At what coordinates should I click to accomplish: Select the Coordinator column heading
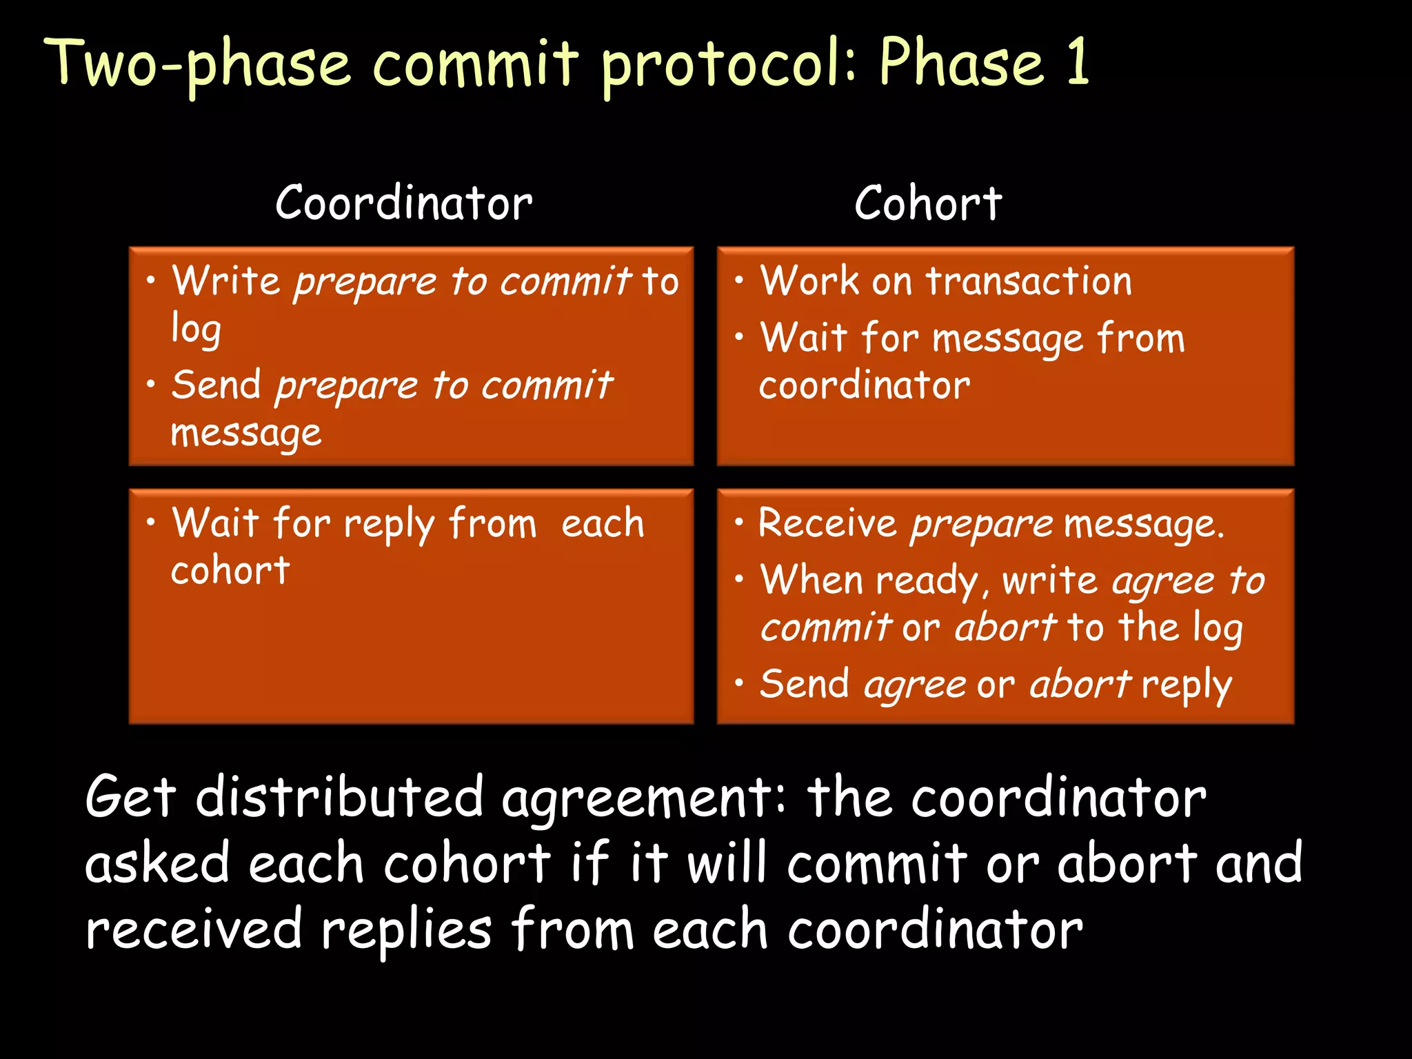click(x=404, y=203)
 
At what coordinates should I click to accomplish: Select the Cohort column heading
click(x=928, y=203)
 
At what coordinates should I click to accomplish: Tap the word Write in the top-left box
click(x=225, y=281)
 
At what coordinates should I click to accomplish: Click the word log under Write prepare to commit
click(x=196, y=329)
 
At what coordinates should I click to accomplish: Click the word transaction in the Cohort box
click(x=1029, y=281)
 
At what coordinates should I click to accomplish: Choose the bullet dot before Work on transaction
click(x=739, y=280)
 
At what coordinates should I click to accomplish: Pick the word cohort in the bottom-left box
click(x=230, y=571)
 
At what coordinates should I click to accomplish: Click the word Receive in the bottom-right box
click(x=827, y=523)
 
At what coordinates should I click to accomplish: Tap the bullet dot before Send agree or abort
click(x=739, y=683)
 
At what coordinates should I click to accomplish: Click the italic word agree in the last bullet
click(x=915, y=685)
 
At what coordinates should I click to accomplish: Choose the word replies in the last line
click(x=407, y=930)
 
